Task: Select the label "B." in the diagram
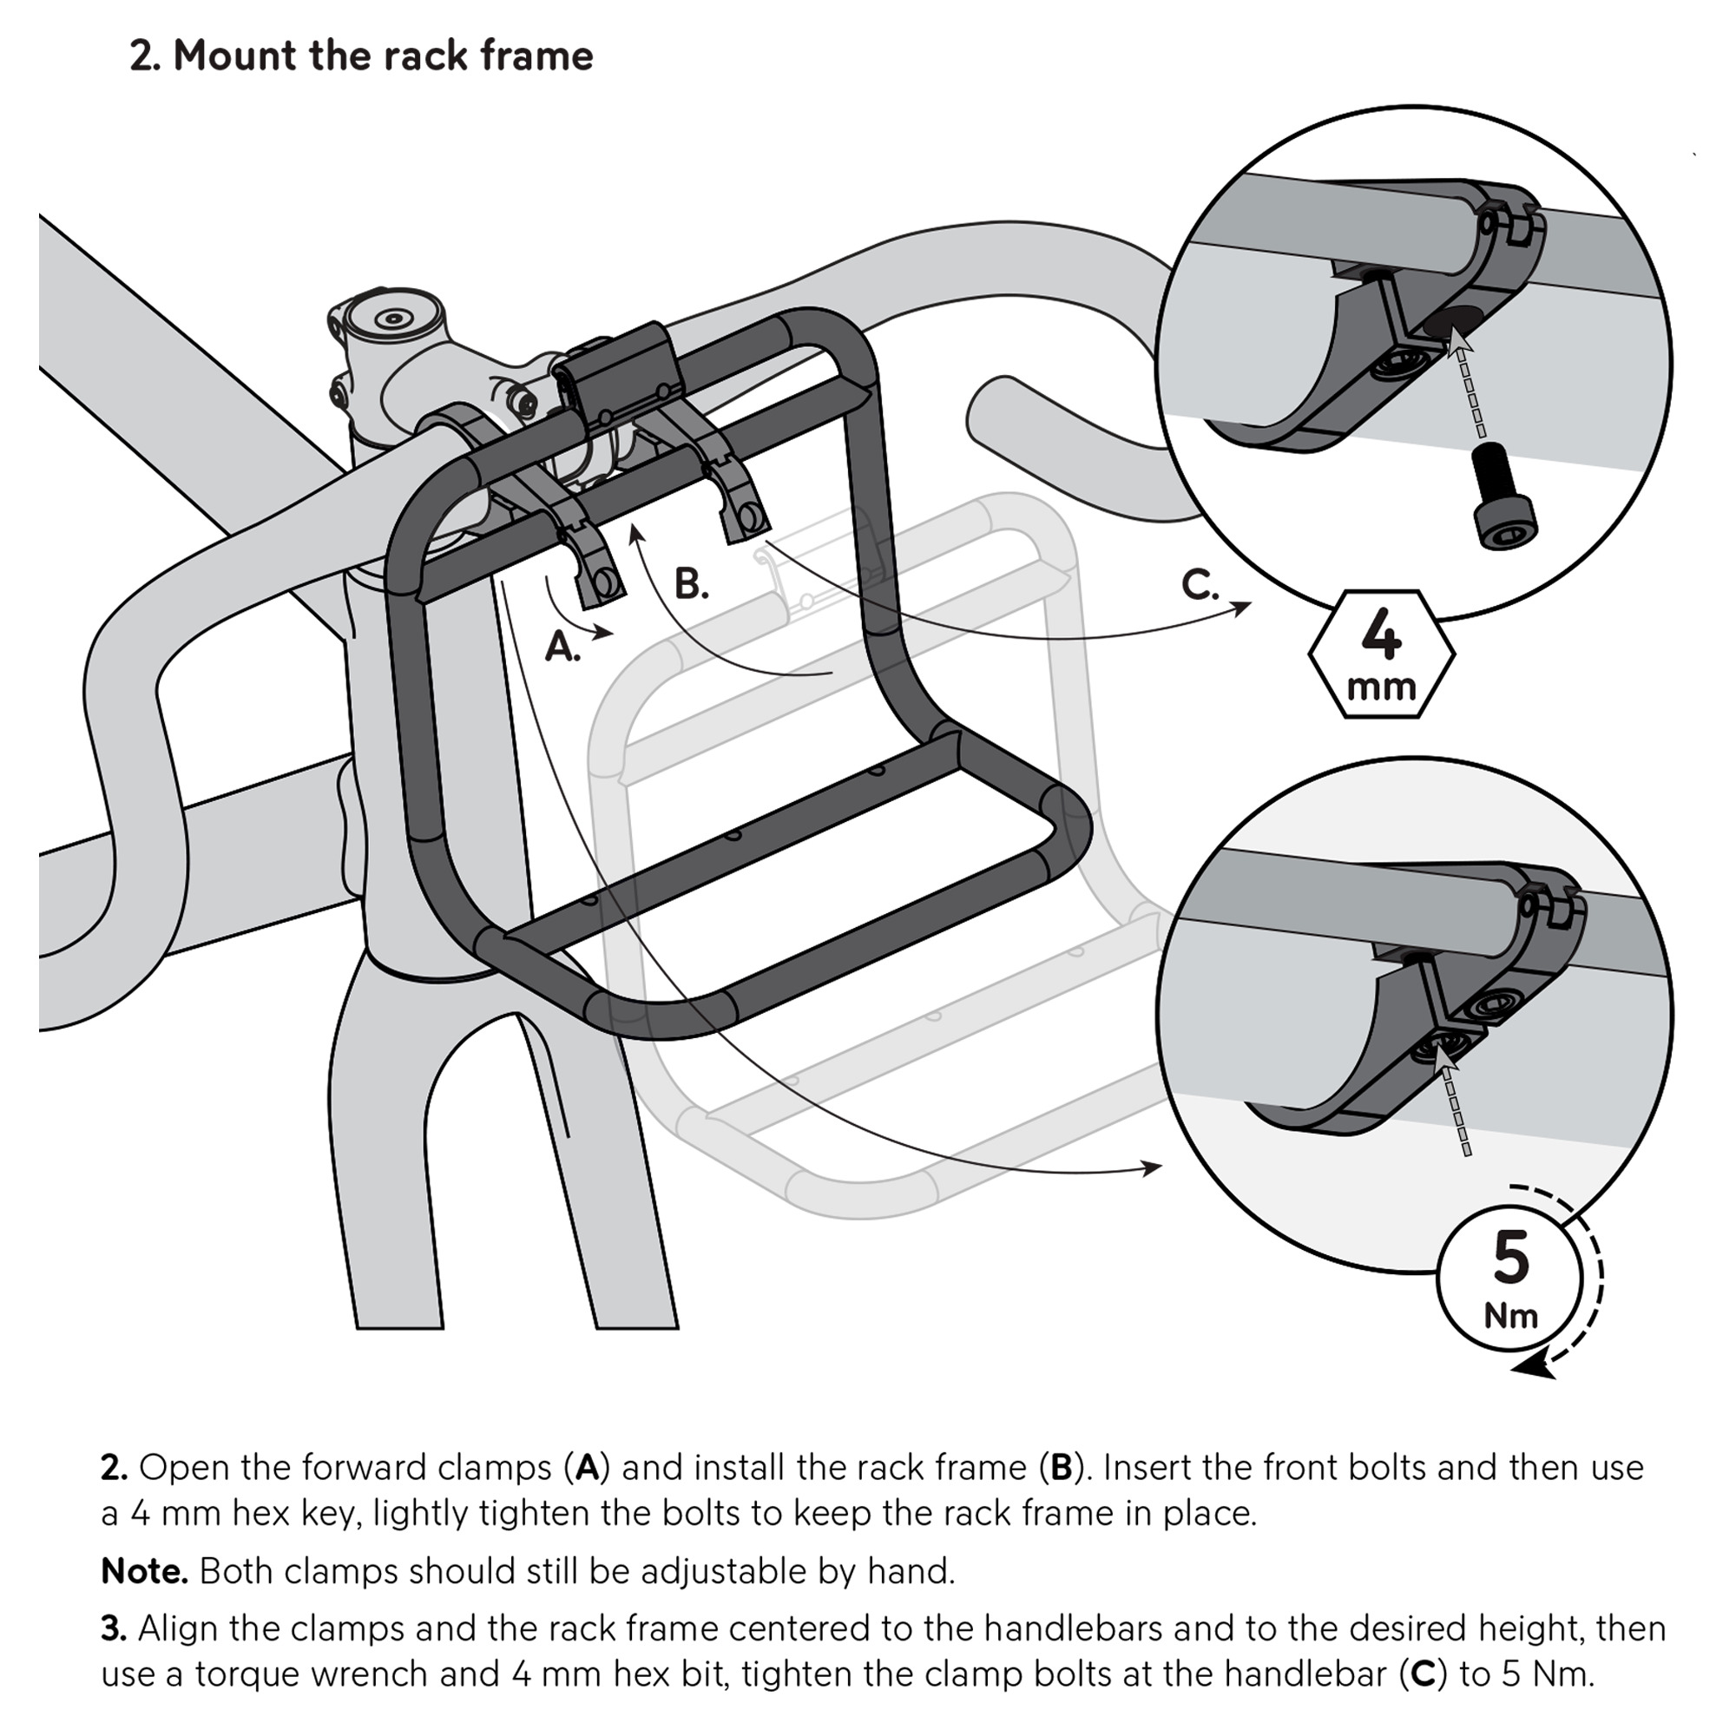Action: pos(690,584)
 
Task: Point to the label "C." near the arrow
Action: pos(1200,585)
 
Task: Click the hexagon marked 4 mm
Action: pos(1381,654)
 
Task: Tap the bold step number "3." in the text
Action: pos(113,1628)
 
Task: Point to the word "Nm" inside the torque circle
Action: pos(1510,1316)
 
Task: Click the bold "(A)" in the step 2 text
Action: pos(587,1466)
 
